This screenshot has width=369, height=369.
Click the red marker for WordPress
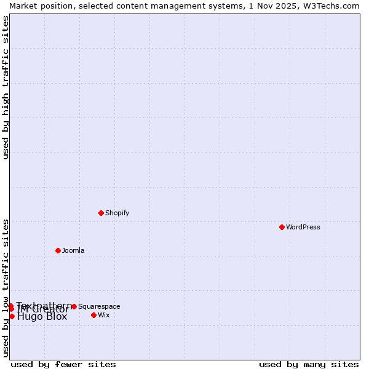click(x=282, y=227)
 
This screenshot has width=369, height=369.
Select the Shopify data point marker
click(x=101, y=213)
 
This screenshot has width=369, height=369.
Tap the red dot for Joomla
click(x=58, y=250)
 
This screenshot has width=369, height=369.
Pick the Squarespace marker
click(x=74, y=306)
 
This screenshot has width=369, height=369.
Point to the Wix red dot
click(x=93, y=315)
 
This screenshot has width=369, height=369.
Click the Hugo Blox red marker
click(x=12, y=316)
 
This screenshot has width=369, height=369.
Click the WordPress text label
click(x=303, y=228)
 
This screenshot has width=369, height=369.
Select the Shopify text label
click(x=117, y=213)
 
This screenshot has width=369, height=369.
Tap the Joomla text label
click(x=73, y=251)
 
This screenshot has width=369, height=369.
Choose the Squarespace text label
click(x=99, y=307)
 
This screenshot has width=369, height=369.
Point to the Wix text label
click(x=104, y=315)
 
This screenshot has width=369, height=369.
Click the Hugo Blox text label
click(x=42, y=317)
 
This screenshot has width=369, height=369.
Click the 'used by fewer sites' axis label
click(x=63, y=364)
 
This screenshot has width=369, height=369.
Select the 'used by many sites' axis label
click(x=309, y=364)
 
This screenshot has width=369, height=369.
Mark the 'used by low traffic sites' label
click(x=6, y=287)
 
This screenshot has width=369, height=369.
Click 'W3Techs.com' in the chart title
click(x=334, y=6)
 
